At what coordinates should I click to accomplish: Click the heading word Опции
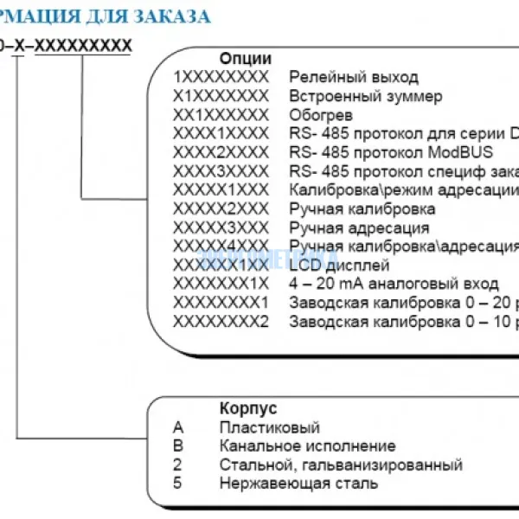tap(245, 59)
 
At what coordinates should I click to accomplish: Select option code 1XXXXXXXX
tap(221, 78)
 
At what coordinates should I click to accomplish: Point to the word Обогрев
tap(321, 115)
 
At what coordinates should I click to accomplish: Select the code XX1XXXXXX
tap(221, 115)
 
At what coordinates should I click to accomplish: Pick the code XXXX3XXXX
tap(221, 171)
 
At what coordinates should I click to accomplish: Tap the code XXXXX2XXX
tap(221, 209)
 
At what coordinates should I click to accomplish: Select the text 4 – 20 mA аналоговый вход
tap(394, 284)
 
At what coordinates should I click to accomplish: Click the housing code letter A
tap(178, 427)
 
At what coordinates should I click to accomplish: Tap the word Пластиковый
tap(270, 427)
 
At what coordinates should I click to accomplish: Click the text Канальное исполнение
tap(307, 446)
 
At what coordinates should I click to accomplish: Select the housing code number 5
tap(177, 484)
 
